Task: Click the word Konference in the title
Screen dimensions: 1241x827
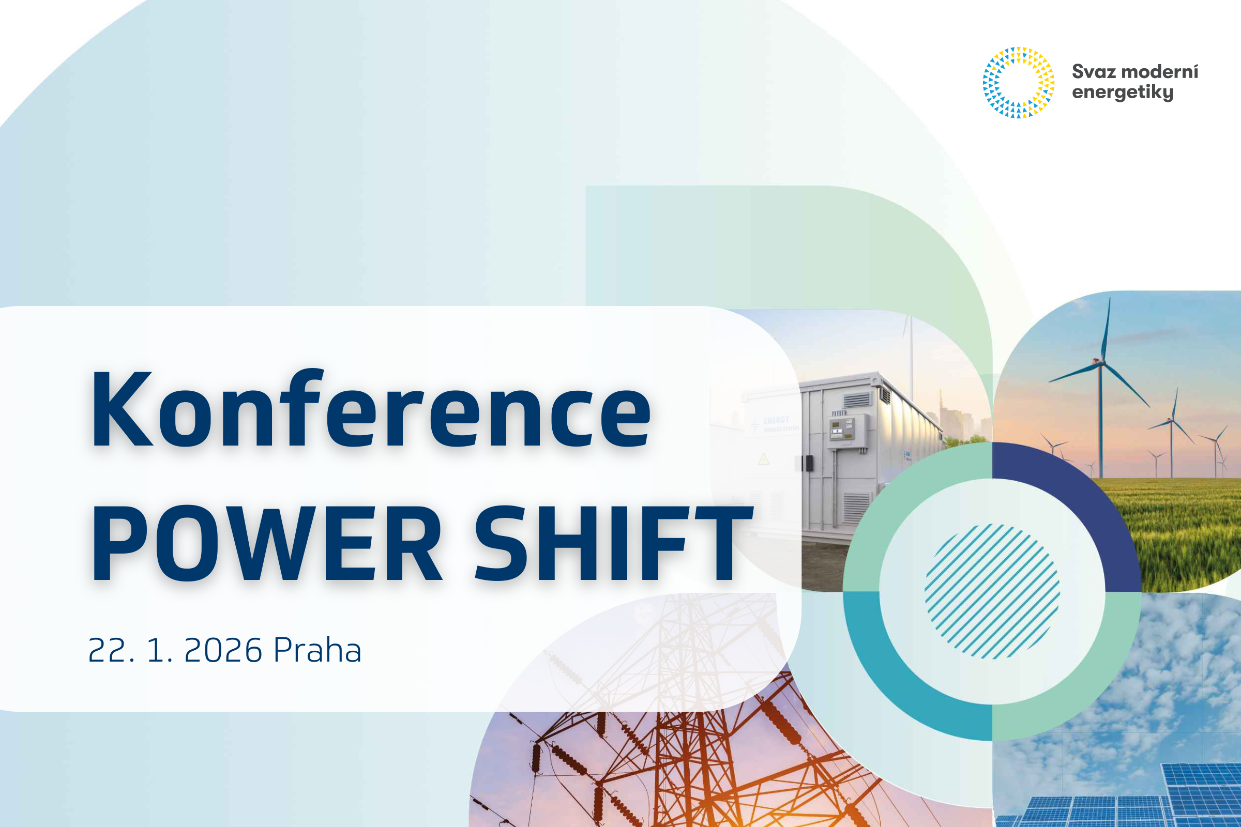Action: (371, 408)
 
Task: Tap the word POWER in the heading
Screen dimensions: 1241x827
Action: (266, 544)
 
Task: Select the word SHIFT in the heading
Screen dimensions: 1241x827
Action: (612, 544)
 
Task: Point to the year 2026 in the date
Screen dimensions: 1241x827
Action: (223, 650)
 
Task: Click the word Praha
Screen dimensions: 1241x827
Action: (317, 650)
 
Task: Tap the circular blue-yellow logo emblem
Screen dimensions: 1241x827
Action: (1018, 82)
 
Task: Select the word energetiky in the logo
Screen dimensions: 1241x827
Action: (1122, 93)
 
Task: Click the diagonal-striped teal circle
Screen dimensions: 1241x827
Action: (992, 591)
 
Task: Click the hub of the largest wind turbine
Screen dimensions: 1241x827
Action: (1101, 362)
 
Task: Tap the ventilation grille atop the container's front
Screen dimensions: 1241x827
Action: (857, 399)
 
